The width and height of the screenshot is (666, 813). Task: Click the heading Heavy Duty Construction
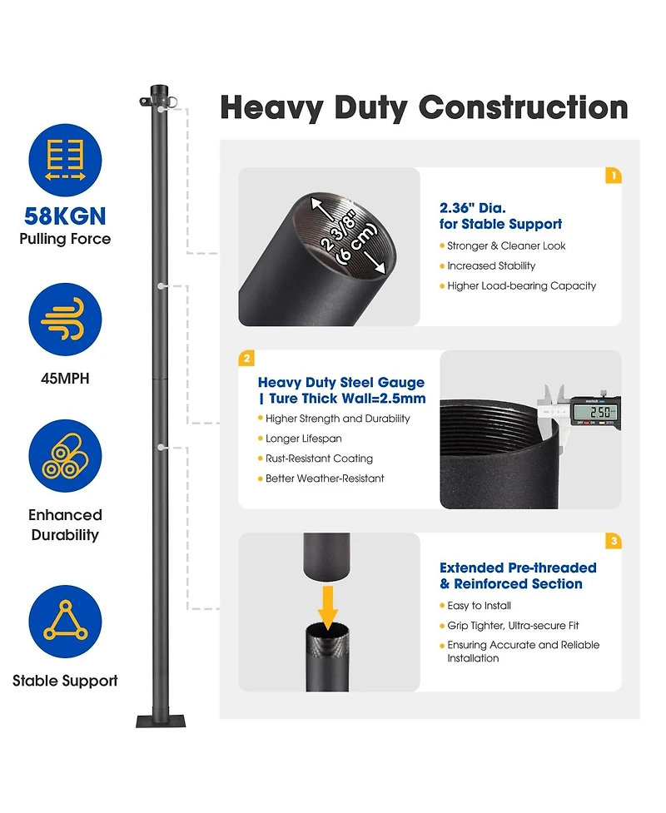(x=424, y=108)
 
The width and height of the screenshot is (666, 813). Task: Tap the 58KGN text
(x=65, y=216)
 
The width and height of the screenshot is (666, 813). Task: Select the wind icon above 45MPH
(x=65, y=319)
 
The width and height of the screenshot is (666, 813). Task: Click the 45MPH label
(x=65, y=379)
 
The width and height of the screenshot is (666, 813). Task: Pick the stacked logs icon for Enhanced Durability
(x=65, y=456)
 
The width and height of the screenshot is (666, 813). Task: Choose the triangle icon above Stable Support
(x=66, y=622)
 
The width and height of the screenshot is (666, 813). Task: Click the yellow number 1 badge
(x=614, y=176)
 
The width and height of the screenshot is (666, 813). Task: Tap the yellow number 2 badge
(x=246, y=359)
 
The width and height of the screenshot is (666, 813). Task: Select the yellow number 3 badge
(x=614, y=541)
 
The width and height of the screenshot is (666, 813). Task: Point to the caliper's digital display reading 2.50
(x=594, y=412)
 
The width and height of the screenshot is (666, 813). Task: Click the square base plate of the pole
(x=161, y=721)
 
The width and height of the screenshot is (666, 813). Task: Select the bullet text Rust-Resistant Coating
(x=319, y=459)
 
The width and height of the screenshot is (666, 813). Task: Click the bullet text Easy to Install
(x=479, y=606)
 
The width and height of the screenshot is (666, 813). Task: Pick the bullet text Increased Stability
(x=491, y=265)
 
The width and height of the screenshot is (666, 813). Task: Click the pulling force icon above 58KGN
(x=65, y=161)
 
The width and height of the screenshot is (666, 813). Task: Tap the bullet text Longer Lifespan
(x=303, y=439)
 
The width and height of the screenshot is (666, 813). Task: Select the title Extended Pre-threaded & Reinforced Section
(x=518, y=576)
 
